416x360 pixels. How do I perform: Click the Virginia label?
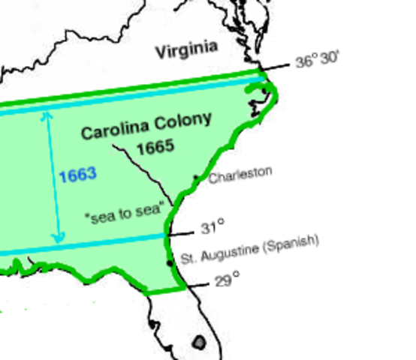click(x=186, y=50)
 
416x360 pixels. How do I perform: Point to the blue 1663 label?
click(x=77, y=175)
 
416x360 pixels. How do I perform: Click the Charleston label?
click(x=240, y=175)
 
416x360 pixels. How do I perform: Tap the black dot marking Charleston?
click(x=196, y=177)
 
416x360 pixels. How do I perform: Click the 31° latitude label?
click(x=213, y=227)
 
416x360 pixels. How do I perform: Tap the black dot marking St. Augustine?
click(x=170, y=261)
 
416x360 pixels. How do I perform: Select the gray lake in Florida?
click(x=199, y=343)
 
